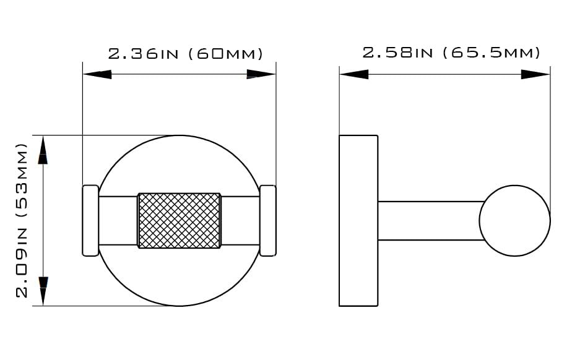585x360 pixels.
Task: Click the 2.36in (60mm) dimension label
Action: [x=186, y=54]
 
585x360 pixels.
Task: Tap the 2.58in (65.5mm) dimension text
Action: [x=451, y=53]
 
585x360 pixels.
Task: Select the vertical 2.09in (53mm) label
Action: [x=22, y=220]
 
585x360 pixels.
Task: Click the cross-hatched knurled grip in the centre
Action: [x=179, y=220]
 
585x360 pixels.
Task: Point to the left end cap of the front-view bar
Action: [x=90, y=221]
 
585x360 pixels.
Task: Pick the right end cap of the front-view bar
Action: [x=268, y=221]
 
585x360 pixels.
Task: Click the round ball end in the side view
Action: [x=514, y=221]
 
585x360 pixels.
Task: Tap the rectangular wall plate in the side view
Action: [x=358, y=221]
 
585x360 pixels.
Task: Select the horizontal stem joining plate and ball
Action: [x=431, y=221]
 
